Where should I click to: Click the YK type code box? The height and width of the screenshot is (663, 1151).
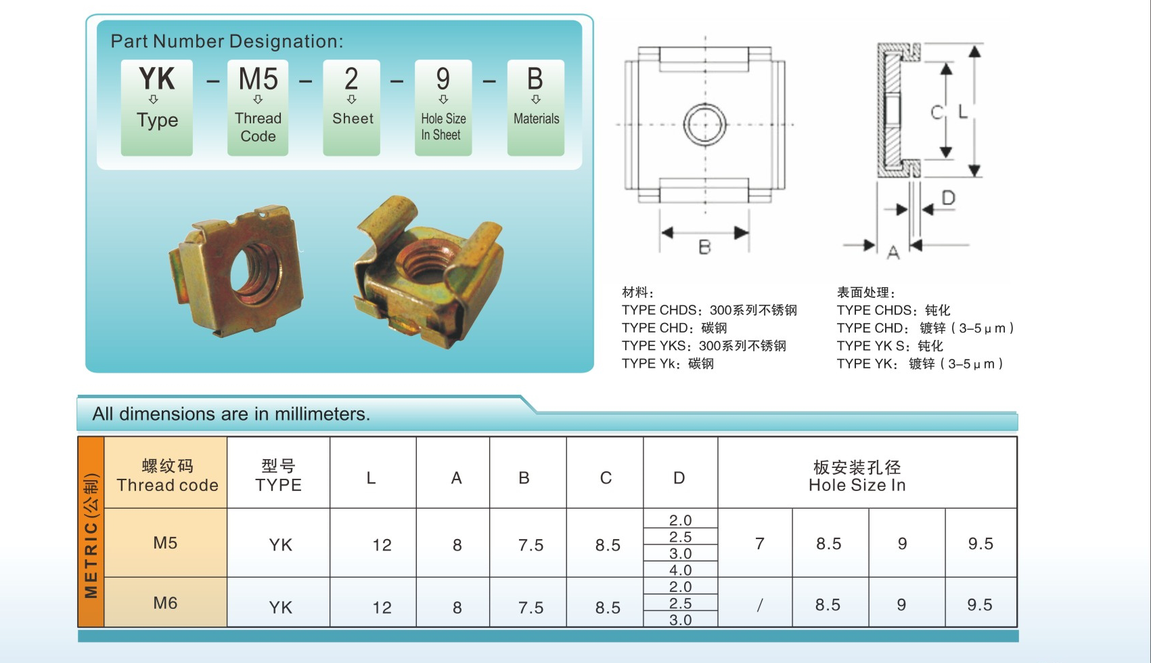point(156,107)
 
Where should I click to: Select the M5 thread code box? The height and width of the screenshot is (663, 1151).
point(258,107)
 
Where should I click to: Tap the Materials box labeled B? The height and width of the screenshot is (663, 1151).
point(535,107)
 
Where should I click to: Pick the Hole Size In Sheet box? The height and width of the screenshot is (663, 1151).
point(443,107)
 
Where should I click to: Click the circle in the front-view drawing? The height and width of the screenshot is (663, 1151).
point(705,125)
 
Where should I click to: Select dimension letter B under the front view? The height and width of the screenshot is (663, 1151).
point(704,247)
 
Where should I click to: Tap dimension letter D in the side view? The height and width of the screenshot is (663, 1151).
point(948,198)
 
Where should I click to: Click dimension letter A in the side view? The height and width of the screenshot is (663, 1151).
point(893,253)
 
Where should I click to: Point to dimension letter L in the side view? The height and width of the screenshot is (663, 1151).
point(962,112)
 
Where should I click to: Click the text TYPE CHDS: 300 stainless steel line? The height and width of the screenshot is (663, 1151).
point(708,310)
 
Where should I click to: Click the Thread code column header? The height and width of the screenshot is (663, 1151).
point(167,475)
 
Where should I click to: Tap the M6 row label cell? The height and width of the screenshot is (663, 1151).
point(165,603)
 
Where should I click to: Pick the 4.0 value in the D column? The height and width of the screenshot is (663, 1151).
point(680,570)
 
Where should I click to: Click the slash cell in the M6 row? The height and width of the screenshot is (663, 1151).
point(759,605)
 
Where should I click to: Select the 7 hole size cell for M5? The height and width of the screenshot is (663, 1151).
point(759,544)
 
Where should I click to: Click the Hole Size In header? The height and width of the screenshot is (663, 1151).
point(857,475)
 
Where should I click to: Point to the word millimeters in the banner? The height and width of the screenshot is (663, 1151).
point(319,414)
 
